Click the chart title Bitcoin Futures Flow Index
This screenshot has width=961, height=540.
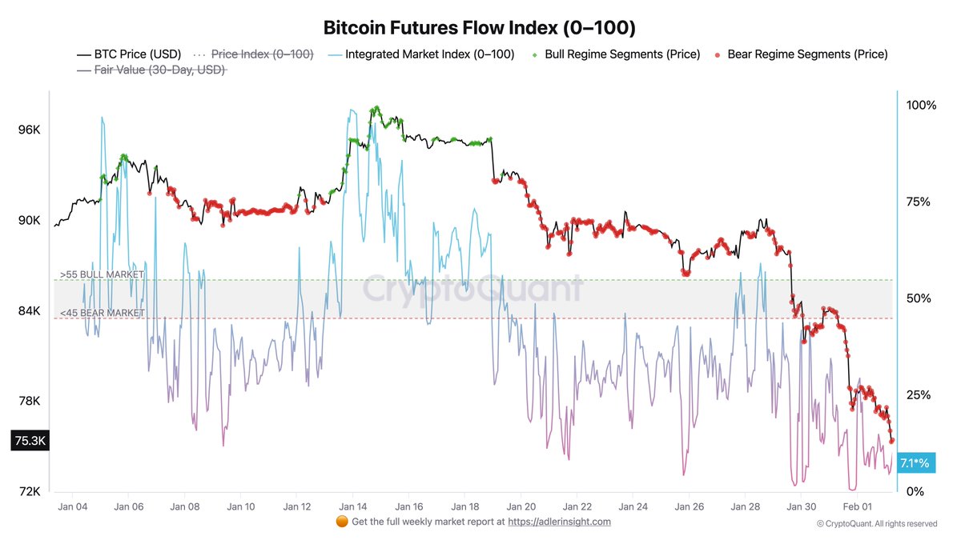tap(479, 27)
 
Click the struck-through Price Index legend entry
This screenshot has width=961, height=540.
tap(261, 54)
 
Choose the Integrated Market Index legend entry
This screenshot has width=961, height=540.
tap(429, 54)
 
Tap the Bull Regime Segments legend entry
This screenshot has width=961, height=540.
tap(621, 54)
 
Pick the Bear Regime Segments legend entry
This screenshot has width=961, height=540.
tap(806, 54)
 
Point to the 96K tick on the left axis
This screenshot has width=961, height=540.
tap(30, 130)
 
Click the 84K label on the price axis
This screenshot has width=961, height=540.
tap(30, 310)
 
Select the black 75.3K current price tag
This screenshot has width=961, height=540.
tap(29, 440)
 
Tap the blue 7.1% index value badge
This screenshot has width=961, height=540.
tap(915, 462)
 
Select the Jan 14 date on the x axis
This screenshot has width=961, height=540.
tap(352, 506)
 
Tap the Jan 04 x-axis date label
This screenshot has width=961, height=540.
tap(73, 506)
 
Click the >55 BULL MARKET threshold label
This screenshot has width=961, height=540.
tap(101, 274)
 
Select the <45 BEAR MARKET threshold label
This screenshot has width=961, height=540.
tap(101, 313)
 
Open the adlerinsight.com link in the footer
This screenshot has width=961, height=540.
tap(560, 522)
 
